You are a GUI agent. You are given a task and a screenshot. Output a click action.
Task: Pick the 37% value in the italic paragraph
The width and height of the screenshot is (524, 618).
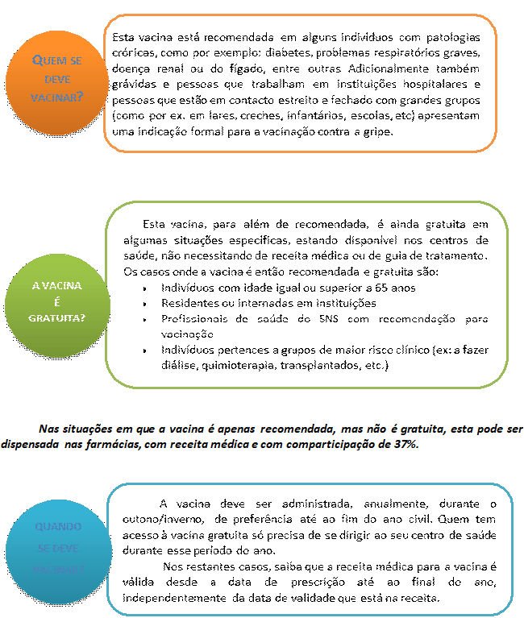pos(405,445)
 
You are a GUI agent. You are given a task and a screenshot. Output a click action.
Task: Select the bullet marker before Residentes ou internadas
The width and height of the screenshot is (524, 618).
pos(143,304)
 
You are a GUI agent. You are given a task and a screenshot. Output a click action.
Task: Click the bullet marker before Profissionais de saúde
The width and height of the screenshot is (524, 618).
pos(143,320)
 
